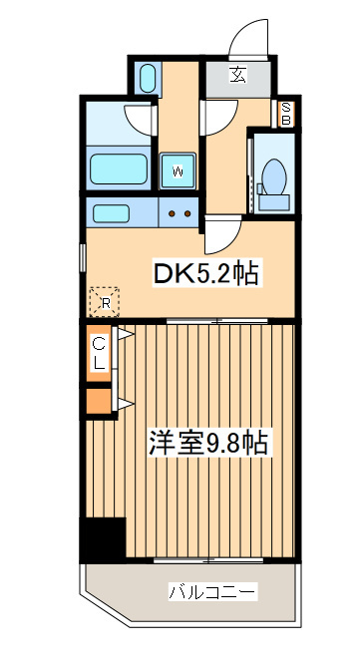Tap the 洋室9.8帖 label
[210, 442]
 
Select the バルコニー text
[211, 592]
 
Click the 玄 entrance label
[238, 75]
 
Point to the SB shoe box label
[285, 114]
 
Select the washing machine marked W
[178, 169]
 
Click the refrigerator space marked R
[104, 298]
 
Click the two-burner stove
[180, 211]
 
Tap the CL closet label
[100, 354]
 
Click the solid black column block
[104, 539]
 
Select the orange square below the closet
[99, 401]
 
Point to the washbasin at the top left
[148, 77]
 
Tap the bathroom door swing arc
[141, 119]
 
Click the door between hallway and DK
[219, 234]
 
